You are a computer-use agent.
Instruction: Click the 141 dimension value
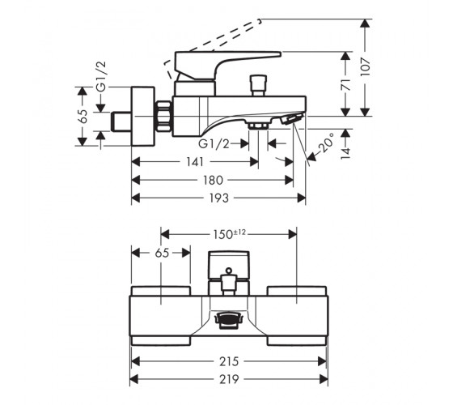195,162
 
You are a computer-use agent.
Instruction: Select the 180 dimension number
213,180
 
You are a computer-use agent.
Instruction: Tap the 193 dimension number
219,198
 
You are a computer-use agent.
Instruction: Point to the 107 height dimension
365,66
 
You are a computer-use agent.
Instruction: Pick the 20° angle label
325,143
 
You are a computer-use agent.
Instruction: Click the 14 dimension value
345,153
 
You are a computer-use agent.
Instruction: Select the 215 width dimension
229,361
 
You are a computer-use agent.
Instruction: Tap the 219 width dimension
229,379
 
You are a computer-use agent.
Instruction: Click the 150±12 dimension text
230,234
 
